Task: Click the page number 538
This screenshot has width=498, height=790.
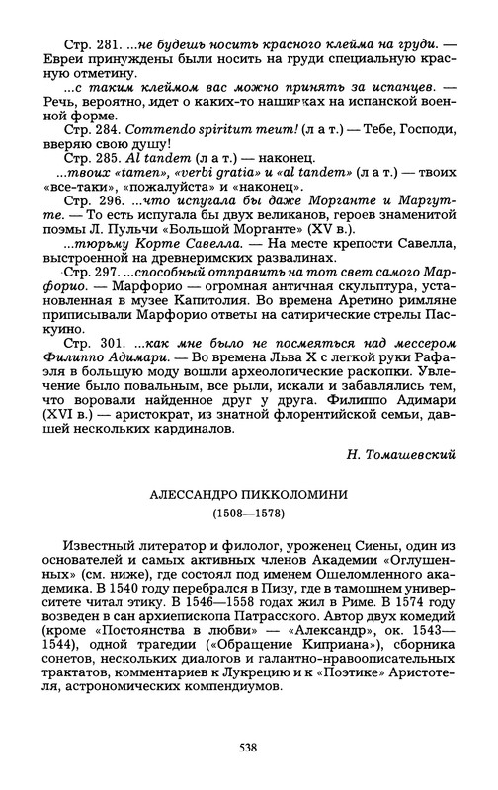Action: (x=249, y=749)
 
